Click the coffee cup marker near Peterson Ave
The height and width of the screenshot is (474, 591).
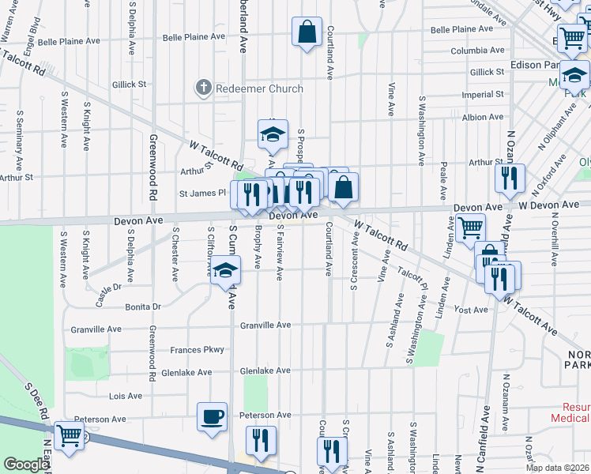213,416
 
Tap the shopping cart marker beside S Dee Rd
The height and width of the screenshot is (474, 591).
69,435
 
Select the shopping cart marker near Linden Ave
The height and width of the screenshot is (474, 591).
470,228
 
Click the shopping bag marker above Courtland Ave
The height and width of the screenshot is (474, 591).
307,32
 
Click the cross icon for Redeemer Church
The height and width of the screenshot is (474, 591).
205,88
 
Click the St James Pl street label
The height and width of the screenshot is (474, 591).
202,193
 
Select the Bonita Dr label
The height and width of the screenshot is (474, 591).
142,307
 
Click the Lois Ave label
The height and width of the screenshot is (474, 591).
126,396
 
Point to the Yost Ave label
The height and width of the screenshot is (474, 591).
471,310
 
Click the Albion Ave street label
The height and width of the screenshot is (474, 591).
483,117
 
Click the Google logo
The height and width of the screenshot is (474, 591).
26,465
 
